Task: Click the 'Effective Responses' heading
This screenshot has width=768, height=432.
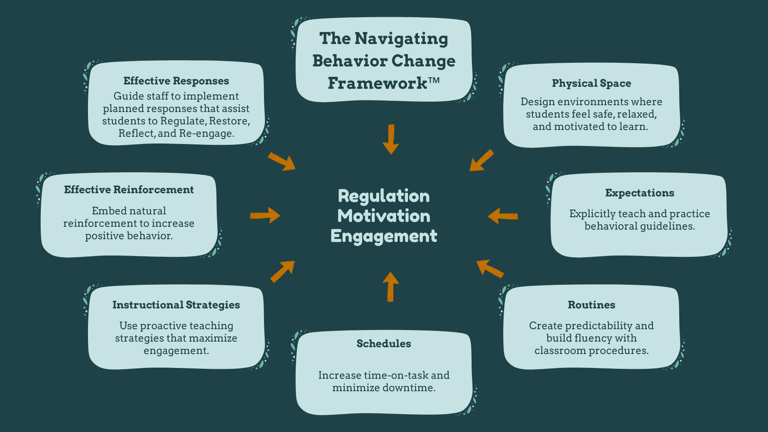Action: pos(176,81)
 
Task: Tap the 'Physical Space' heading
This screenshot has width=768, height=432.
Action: pos(591,83)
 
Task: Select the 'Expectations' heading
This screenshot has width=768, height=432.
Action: pos(639,193)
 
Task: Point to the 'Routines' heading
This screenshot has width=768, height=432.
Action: pos(591,305)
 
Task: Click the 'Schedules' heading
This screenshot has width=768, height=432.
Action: pos(384,344)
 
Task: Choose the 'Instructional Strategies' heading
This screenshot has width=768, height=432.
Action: pos(176,305)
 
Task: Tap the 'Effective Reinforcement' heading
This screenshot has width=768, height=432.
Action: pos(129,190)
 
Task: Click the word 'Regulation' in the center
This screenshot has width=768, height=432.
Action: pos(384,196)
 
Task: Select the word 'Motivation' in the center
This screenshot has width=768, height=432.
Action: pos(384,216)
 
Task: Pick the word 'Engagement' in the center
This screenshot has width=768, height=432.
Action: pos(384,236)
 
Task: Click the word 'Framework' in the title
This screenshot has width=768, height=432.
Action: pos(377,83)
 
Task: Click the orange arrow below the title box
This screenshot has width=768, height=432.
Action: pos(391,139)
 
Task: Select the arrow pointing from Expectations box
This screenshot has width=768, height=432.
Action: pos(503,216)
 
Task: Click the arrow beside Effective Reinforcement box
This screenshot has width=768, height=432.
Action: pos(265,215)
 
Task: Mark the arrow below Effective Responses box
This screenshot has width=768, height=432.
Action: pos(282,162)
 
